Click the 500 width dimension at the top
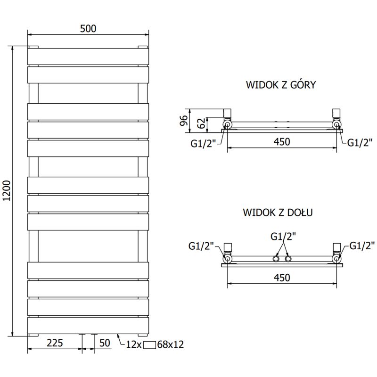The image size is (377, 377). pos(88,28)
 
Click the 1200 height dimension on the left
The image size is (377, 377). pos(6,191)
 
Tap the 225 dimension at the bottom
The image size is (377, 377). pos(55,343)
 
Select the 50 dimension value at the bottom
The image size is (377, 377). pos(105,343)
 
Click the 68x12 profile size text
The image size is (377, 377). pos(171,344)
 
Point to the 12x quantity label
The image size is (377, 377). pos(134,344)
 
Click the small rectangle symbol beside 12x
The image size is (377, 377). pos(150,344)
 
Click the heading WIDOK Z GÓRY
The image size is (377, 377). pos(281,85)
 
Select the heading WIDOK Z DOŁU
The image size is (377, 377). pos(278,212)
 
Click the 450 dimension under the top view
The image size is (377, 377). pos(281,141)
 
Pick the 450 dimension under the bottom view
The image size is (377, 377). pos(281,278)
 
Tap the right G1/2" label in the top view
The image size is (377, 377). pos(360,143)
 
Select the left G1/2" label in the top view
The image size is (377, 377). pos(203,143)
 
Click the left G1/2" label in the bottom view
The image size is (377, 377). pos(201,246)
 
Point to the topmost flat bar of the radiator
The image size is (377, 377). pos(88,57)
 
